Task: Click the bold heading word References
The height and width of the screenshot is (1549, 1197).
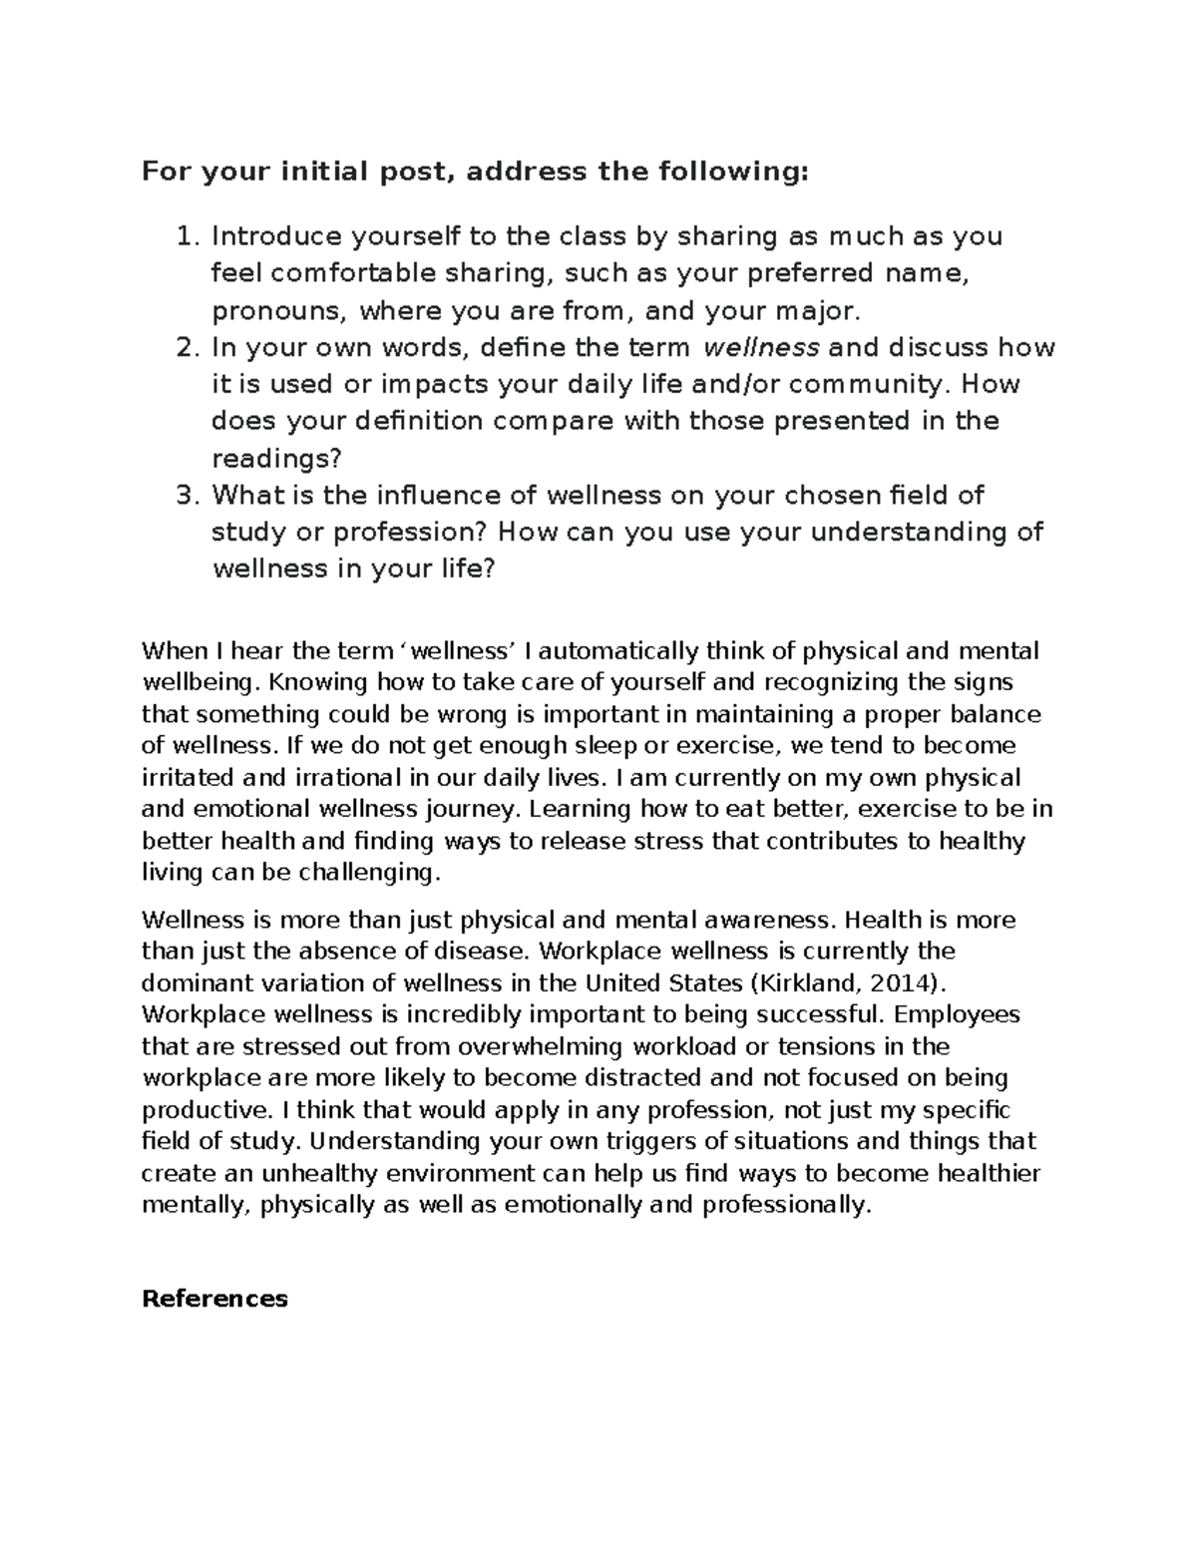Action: (214, 1299)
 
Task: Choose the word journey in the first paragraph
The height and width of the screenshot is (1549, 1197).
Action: (480, 809)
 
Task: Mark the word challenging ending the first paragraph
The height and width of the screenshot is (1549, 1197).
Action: (375, 873)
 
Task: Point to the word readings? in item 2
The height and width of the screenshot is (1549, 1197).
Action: (276, 458)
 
